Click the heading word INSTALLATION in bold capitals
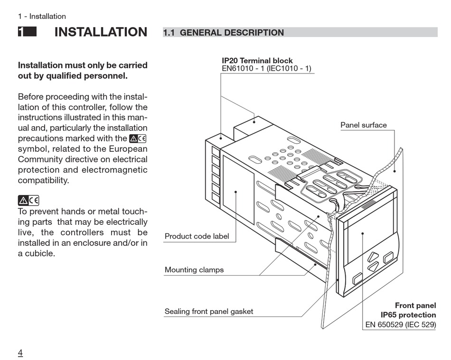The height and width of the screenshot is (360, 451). click(101, 32)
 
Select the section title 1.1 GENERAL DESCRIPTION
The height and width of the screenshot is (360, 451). click(223, 33)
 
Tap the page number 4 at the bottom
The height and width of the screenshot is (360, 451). click(20, 352)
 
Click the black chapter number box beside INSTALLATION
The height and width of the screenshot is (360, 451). click(27, 32)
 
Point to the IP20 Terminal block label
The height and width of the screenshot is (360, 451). click(257, 61)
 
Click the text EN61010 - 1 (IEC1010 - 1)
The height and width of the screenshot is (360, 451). click(266, 69)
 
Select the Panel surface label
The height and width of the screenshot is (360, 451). click(363, 125)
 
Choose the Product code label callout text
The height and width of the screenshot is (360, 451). click(197, 236)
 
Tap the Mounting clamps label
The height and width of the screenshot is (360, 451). click(194, 270)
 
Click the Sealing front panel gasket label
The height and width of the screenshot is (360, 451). click(208, 312)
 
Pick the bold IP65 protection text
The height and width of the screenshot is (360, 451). click(408, 315)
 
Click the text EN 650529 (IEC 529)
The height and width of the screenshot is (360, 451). click(400, 325)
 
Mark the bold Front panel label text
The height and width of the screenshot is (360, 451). click(415, 305)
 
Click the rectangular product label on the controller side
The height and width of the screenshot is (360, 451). click(238, 190)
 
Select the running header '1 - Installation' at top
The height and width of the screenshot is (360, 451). click(42, 17)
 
